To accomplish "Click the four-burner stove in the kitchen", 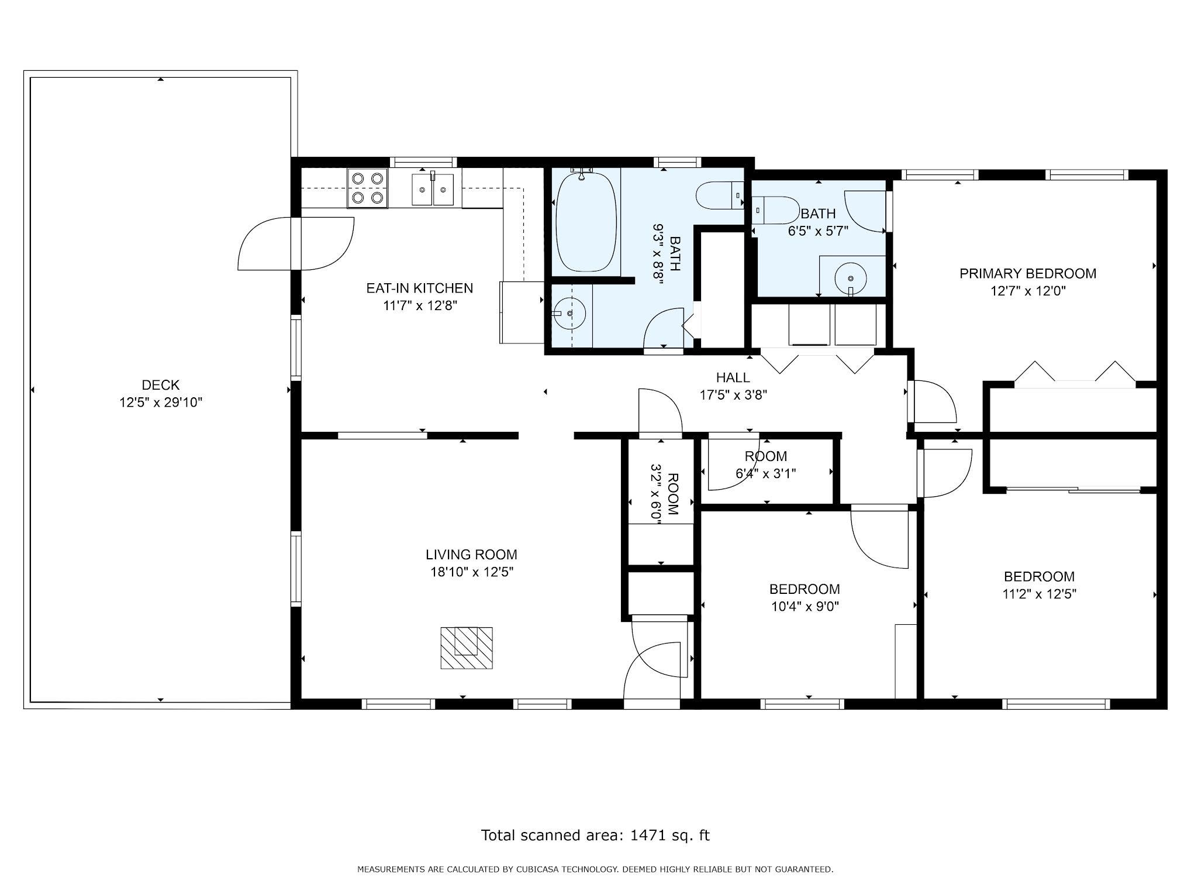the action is coord(368,188).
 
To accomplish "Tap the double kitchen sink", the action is coord(433,188).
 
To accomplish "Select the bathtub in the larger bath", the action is coord(586,221).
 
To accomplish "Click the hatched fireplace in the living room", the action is coord(466,648).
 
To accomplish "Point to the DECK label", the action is coord(161,385).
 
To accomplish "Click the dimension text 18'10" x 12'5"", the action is coord(472,572).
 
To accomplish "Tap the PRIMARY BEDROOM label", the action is coord(1028,273).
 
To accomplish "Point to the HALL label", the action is coord(733,378).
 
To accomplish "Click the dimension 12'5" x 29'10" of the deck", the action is coord(161,403).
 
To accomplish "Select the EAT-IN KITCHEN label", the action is coord(419,288).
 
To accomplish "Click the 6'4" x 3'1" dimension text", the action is coord(765,473).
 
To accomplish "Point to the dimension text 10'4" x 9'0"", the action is coord(805,607).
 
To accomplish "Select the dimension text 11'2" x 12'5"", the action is coord(1039,594).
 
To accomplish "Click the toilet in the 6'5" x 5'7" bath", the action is coord(775,209).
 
